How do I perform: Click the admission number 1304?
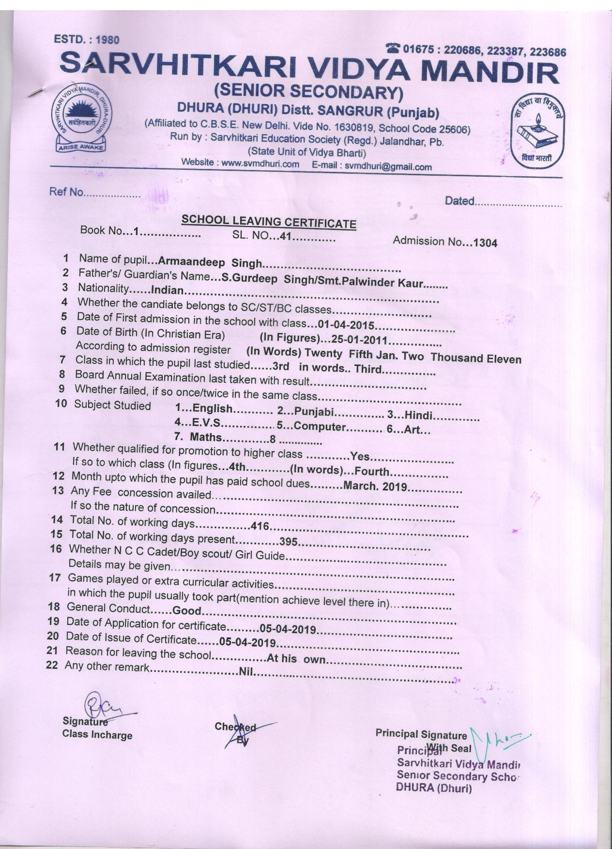click(x=485, y=243)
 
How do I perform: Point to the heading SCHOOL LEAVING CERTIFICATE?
click(x=269, y=222)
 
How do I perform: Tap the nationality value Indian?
click(x=168, y=290)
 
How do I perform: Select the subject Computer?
click(x=320, y=427)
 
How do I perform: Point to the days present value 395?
click(x=288, y=542)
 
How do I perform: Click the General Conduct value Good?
click(x=186, y=610)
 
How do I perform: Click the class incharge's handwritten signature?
click(x=99, y=707)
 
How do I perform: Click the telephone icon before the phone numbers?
click(x=393, y=47)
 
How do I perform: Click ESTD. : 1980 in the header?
click(x=87, y=40)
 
